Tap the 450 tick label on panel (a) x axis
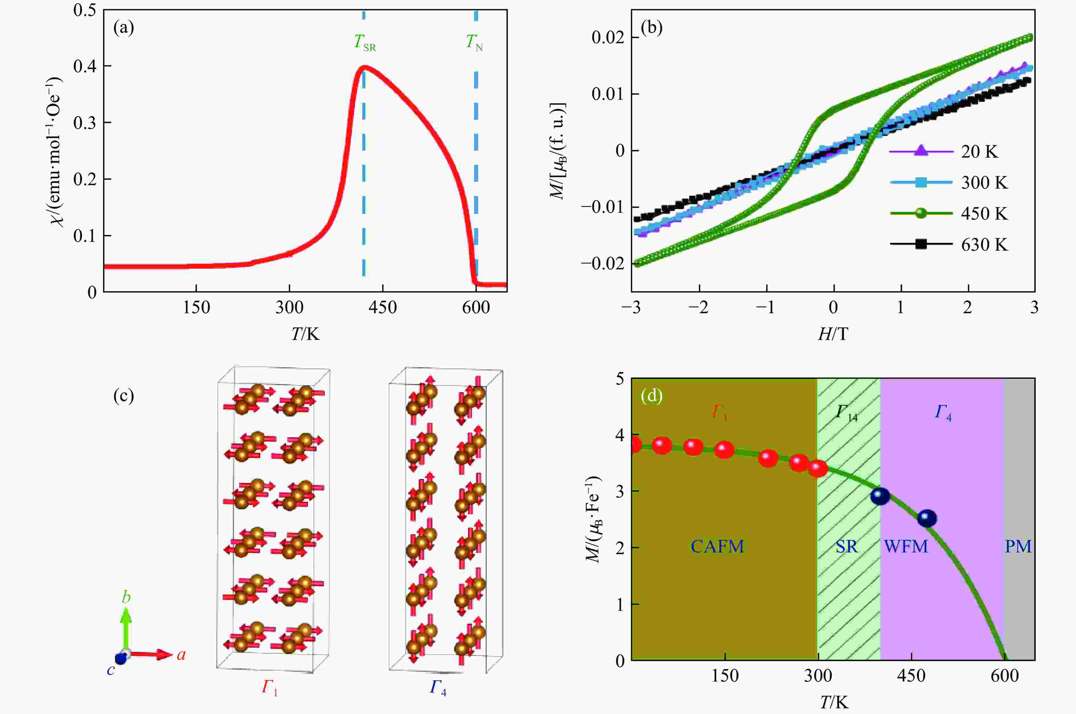[x=383, y=308]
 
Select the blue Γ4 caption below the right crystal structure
[x=437, y=688]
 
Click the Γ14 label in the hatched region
[x=846, y=413]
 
